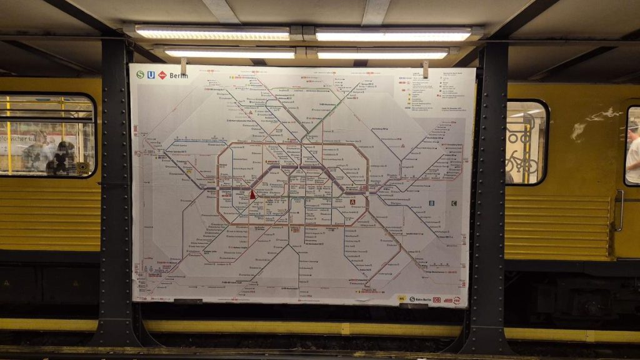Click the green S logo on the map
point(140,75)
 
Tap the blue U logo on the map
point(151,75)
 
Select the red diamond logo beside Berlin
point(162,75)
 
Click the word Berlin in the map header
point(178,76)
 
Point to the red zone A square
point(352,202)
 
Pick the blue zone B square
point(431,203)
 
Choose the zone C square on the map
point(453,203)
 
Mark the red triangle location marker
point(252,194)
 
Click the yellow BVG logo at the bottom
point(402,299)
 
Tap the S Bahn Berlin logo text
point(420,299)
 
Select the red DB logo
point(437,300)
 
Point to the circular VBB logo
point(456,300)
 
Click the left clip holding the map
point(184,65)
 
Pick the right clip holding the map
point(425,69)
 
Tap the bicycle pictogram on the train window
point(521,163)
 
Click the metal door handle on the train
point(619,210)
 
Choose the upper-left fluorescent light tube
point(212,32)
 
